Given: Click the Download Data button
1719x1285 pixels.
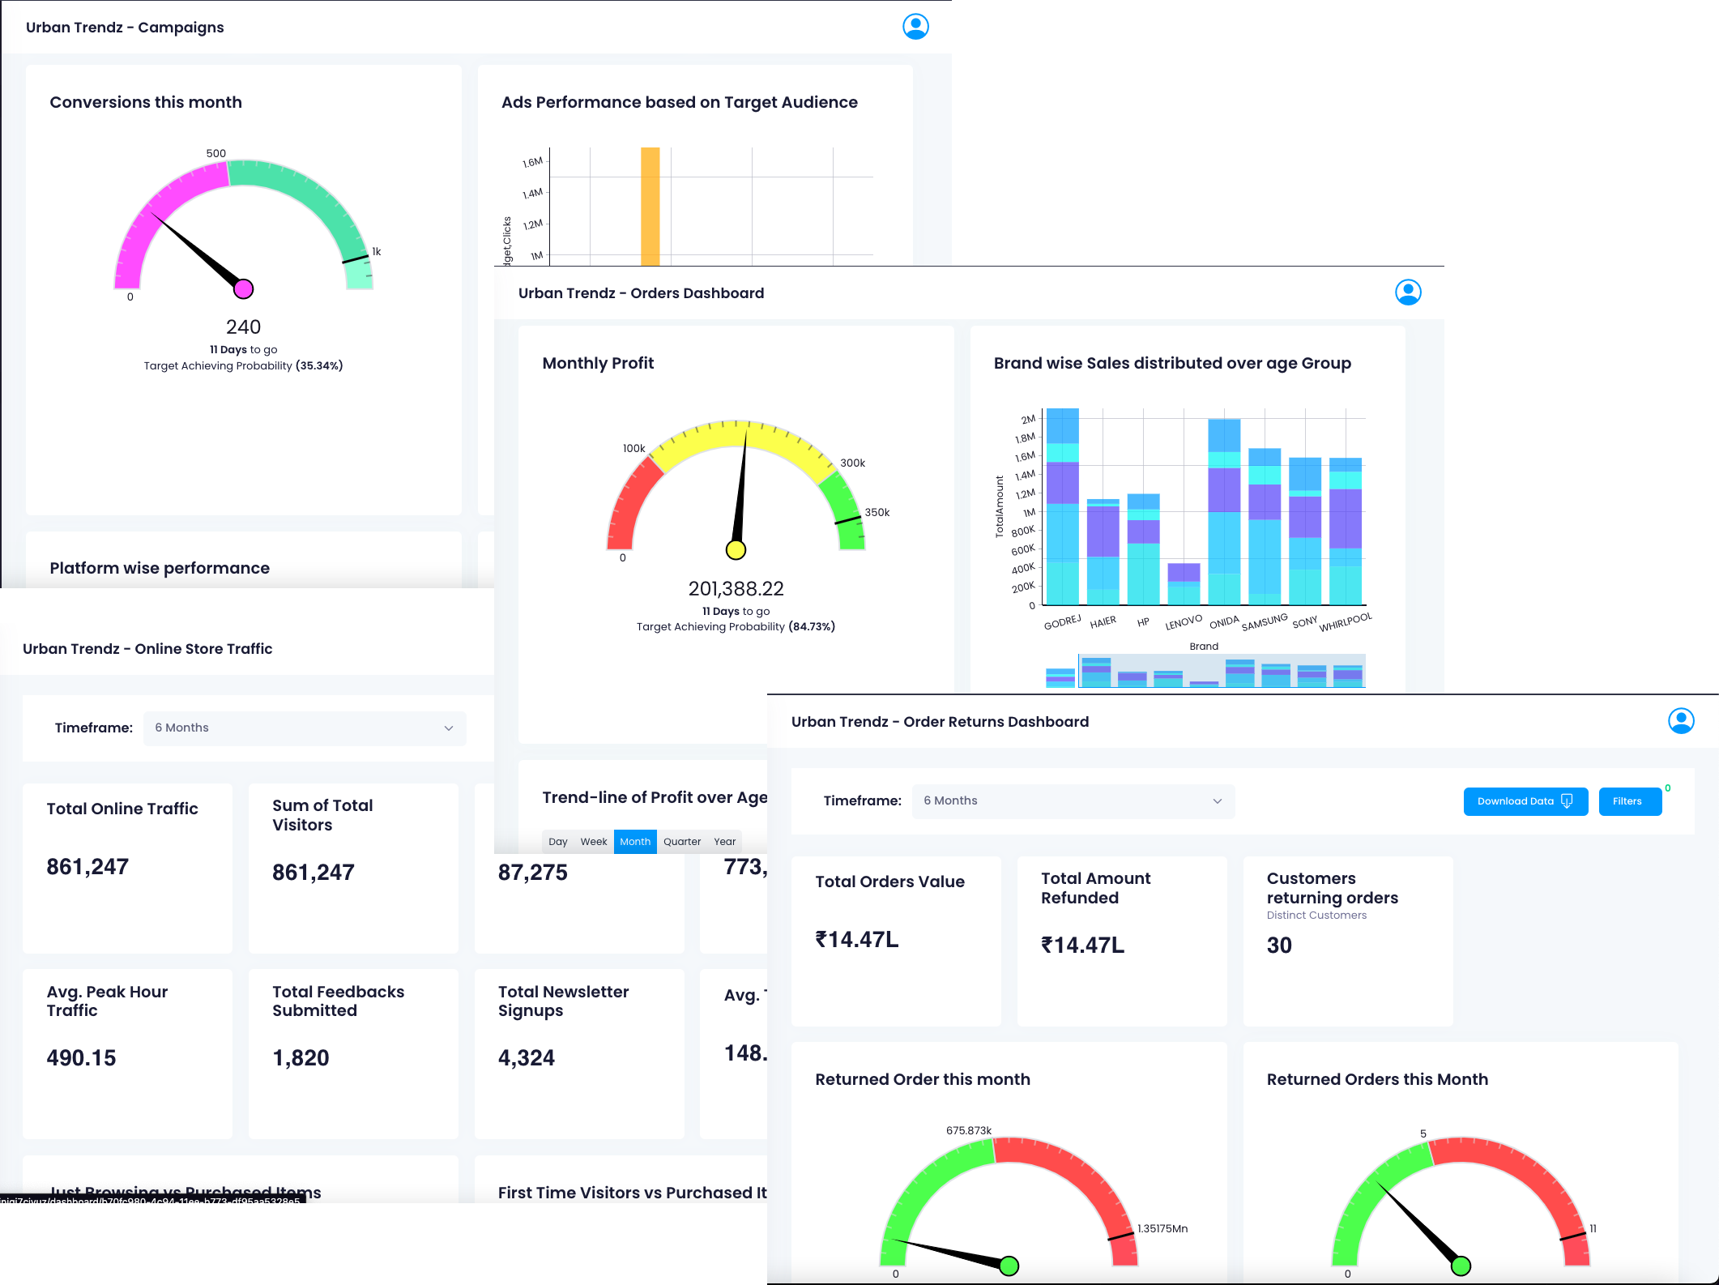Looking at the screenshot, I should [1525, 801].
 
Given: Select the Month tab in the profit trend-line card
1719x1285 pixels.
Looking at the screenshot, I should [635, 842].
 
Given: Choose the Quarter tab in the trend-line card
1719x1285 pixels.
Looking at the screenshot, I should [682, 842].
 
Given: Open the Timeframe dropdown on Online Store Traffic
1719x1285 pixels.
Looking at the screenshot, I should [305, 728].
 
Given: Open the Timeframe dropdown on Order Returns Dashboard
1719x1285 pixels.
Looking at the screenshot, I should [1073, 801].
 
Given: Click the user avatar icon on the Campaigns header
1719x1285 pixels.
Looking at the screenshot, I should [915, 27].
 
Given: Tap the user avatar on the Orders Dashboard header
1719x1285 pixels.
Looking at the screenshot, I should [1408, 292].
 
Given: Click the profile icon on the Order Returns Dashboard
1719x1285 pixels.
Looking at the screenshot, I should [1681, 720].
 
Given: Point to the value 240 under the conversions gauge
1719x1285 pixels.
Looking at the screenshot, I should [243, 327].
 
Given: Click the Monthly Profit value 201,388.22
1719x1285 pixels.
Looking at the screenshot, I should [736, 589].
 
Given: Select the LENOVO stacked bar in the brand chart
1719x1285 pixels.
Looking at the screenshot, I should [1184, 583].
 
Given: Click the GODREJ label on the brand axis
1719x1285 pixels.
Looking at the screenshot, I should [1062, 622].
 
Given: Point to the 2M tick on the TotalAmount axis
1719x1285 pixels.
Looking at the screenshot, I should [1028, 420].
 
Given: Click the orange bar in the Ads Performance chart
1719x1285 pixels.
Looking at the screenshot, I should [650, 207].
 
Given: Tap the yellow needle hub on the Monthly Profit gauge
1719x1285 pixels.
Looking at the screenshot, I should [736, 550].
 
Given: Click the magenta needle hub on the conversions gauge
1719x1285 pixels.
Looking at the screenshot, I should [243, 288].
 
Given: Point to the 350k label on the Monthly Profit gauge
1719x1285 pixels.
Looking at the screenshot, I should [877, 513].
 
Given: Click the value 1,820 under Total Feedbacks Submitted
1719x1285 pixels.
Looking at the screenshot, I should [301, 1058].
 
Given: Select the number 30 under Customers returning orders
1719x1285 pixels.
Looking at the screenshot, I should [1279, 946].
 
